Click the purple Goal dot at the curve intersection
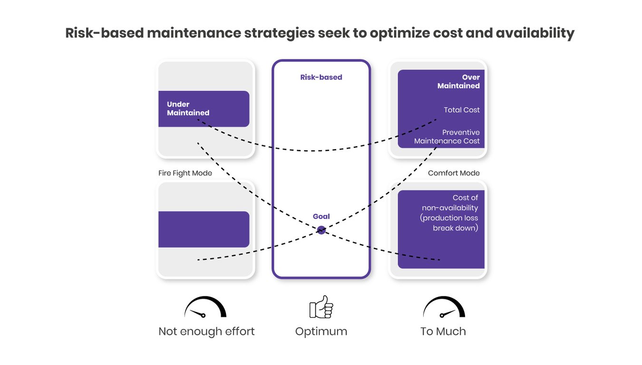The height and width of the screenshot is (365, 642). click(x=321, y=230)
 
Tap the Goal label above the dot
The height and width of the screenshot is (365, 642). click(x=321, y=217)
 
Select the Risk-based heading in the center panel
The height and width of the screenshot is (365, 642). click(x=321, y=77)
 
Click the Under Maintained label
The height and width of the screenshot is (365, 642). click(x=188, y=109)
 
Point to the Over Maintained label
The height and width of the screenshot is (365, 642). click(x=458, y=81)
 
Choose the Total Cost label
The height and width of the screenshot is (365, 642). click(x=461, y=110)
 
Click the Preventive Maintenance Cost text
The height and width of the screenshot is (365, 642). click(x=447, y=137)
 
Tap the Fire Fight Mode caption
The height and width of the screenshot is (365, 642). click(x=185, y=173)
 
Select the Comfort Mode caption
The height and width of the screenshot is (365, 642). click(x=454, y=173)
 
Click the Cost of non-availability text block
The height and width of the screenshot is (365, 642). click(x=449, y=213)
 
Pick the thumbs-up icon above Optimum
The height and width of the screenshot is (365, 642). click(x=321, y=307)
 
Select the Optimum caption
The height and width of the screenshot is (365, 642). click(x=321, y=331)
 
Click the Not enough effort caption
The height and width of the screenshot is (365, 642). click(x=206, y=331)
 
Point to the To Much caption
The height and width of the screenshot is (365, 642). click(x=443, y=331)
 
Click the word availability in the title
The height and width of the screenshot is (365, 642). click(x=535, y=33)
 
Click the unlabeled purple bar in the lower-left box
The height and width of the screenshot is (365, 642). click(x=204, y=229)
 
